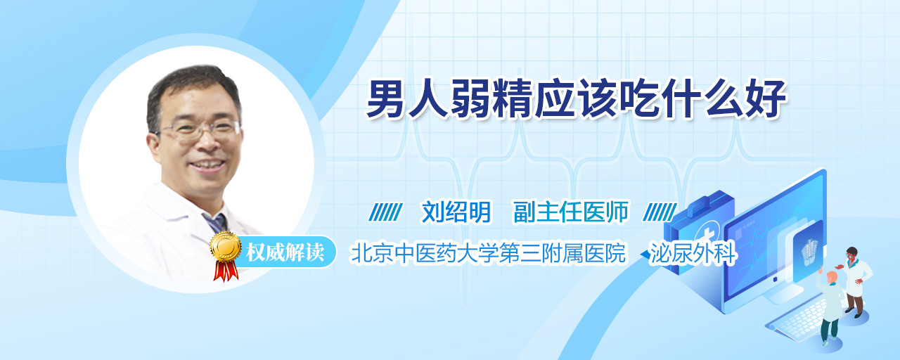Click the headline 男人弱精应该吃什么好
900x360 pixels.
[x=576, y=99]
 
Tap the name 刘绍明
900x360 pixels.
[x=456, y=212]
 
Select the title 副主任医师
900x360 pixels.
[x=571, y=212]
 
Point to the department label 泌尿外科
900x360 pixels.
[x=693, y=253]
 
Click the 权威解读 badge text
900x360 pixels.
[x=285, y=252]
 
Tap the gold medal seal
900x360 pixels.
[x=226, y=245]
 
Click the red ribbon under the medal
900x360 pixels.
[x=226, y=270]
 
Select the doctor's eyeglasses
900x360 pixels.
[x=200, y=130]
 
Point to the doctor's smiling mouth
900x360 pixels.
[x=207, y=165]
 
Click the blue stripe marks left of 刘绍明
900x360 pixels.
[x=386, y=212]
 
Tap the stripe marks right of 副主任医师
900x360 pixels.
[x=660, y=212]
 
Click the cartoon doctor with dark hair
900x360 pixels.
[x=855, y=282]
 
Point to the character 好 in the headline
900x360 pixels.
[x=766, y=99]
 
